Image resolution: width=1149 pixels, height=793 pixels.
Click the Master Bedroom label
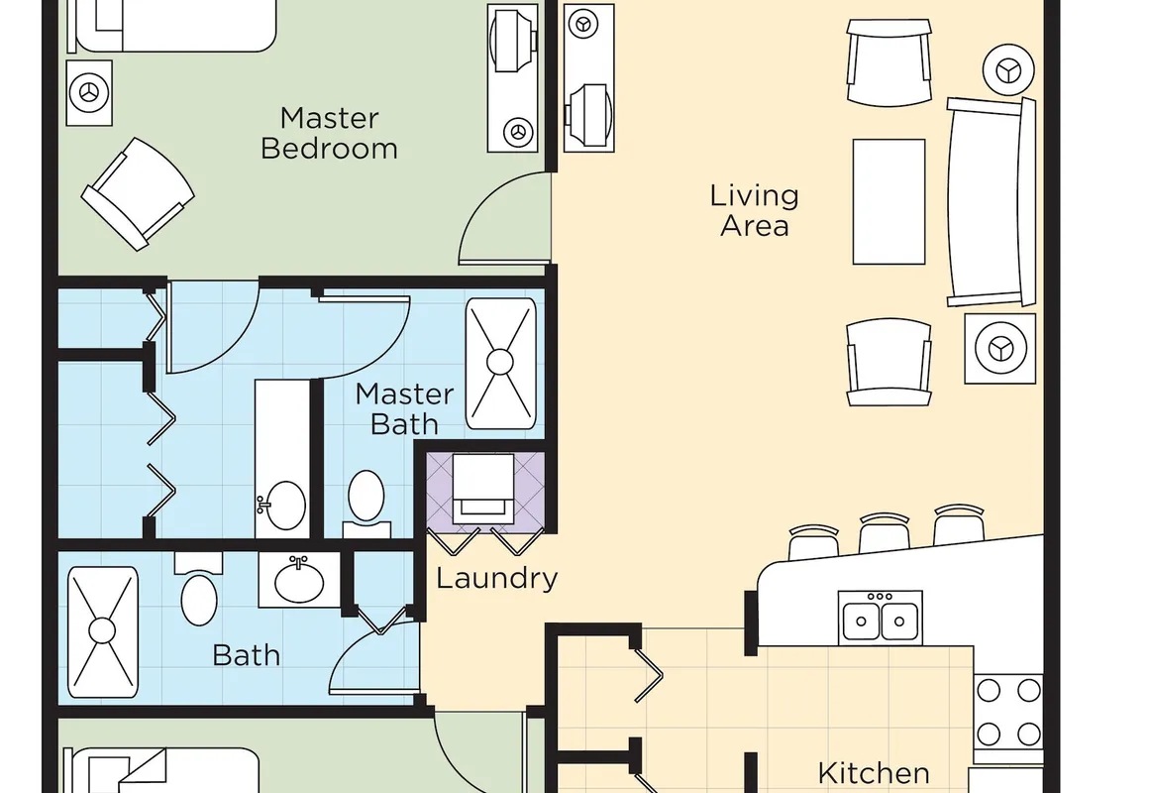click(x=329, y=134)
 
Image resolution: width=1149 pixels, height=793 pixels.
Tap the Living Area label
click(x=754, y=210)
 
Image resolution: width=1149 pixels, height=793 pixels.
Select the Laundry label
click(x=497, y=579)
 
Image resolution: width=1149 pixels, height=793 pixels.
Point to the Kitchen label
click(x=874, y=773)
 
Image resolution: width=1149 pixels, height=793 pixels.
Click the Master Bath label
click(x=404, y=409)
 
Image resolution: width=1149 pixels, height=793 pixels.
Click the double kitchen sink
click(x=880, y=617)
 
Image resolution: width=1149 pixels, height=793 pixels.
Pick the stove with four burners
click(x=1008, y=712)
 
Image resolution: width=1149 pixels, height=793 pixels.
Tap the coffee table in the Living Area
click(x=888, y=202)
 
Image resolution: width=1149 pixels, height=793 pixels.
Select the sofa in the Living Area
click(x=992, y=202)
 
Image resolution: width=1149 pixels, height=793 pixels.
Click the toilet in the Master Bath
click(x=366, y=502)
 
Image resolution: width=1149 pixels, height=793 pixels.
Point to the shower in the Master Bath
click(x=500, y=363)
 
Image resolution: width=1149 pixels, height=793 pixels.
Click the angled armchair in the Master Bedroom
click(x=137, y=194)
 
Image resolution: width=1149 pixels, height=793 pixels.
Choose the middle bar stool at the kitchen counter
click(x=885, y=532)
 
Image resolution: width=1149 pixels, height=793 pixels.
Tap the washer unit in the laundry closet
click(x=483, y=489)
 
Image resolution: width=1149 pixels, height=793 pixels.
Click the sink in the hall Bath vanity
click(x=299, y=580)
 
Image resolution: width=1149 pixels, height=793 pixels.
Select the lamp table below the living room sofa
click(x=1000, y=349)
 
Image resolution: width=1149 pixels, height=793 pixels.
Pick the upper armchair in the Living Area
click(x=888, y=63)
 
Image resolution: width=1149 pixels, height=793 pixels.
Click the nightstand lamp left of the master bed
click(x=89, y=93)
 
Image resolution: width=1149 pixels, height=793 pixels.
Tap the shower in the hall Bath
click(x=103, y=631)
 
